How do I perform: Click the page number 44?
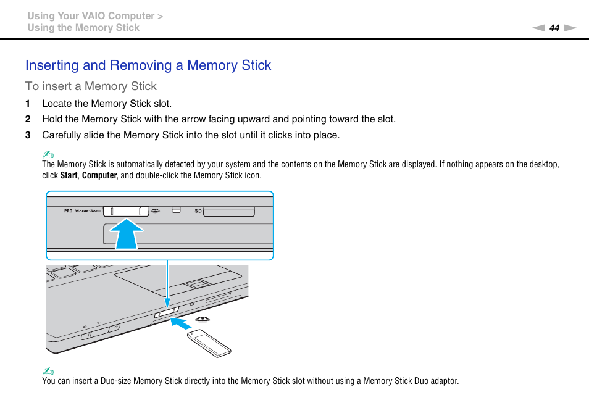click(554, 28)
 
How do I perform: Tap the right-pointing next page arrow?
click(570, 28)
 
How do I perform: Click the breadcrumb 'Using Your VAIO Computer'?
click(91, 16)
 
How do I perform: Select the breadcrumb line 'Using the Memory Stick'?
click(83, 28)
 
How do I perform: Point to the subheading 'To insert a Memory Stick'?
click(91, 86)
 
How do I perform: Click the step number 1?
click(28, 104)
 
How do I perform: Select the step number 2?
click(28, 119)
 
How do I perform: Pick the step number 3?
click(28, 135)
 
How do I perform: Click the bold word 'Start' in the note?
click(69, 175)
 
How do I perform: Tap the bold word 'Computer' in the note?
click(99, 175)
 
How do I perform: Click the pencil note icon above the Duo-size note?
click(48, 371)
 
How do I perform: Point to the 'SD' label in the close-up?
click(198, 211)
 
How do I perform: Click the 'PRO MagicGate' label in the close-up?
click(82, 211)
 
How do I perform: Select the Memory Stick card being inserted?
click(210, 343)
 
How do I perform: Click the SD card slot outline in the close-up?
click(229, 212)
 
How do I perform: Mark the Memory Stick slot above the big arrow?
click(126, 211)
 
